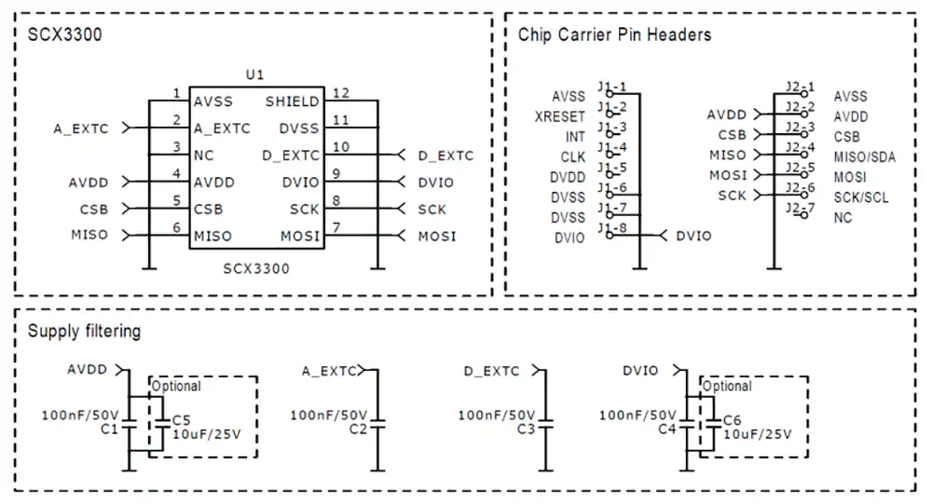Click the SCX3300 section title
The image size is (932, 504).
click(64, 34)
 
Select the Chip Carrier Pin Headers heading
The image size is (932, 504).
click(614, 34)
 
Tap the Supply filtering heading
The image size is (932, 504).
click(84, 331)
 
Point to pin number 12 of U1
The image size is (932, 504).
click(340, 93)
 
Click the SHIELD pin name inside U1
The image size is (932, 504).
click(292, 102)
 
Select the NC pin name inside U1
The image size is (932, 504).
click(204, 156)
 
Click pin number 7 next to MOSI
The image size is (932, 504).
click(336, 227)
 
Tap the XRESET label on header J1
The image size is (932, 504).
click(559, 116)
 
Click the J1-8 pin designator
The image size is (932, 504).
click(612, 227)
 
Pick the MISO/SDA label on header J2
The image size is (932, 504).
click(864, 157)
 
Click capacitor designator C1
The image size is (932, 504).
click(108, 429)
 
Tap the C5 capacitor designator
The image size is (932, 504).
click(181, 420)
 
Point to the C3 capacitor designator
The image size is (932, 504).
click(526, 429)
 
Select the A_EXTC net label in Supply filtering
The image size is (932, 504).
click(329, 371)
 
